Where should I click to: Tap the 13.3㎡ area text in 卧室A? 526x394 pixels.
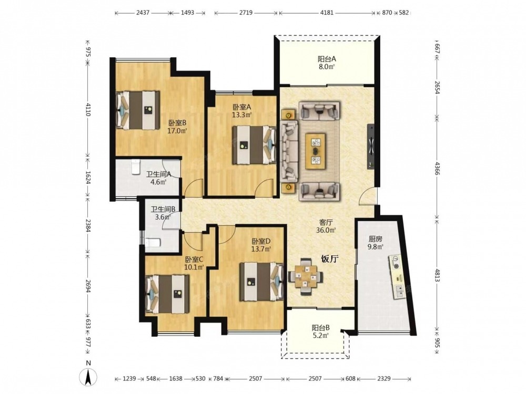tap(242, 115)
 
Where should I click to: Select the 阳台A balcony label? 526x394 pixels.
tap(327, 59)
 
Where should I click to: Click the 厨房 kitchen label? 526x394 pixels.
tap(376, 239)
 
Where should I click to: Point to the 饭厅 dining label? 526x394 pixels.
tap(330, 259)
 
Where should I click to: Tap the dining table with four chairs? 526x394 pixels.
tap(306, 276)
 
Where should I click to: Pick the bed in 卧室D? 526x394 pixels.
tap(261, 282)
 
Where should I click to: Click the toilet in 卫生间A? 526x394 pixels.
tap(135, 167)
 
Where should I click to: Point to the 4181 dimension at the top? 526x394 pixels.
tap(327, 13)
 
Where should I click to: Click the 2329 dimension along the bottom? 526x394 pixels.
tap(384, 379)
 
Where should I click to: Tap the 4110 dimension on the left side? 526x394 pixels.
tap(88, 109)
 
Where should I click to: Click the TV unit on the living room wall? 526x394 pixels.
tap(371, 147)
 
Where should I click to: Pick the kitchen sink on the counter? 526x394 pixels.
tap(400, 291)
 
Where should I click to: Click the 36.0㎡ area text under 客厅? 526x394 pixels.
tap(326, 230)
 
